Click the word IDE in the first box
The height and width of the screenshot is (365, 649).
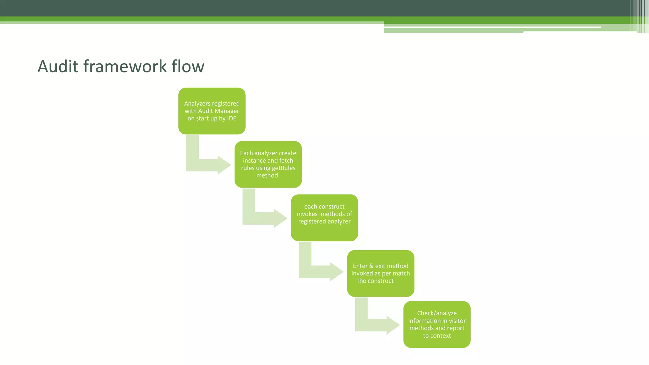coord(232,118)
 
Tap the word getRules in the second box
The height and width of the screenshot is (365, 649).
coord(283,168)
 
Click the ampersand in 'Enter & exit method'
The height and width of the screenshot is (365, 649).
coord(371,266)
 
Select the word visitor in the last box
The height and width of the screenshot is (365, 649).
coord(457,321)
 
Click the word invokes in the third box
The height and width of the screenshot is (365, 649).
coord(307,214)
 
